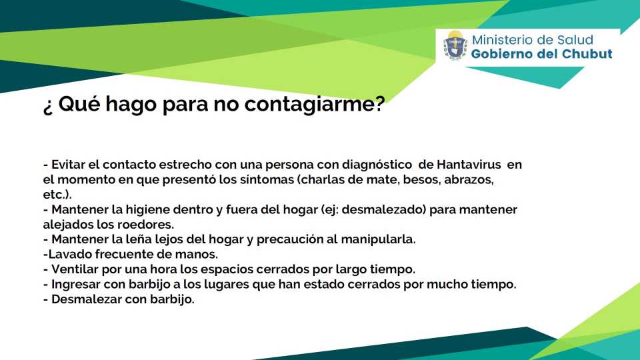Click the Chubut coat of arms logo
(455, 45)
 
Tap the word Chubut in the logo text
(587, 54)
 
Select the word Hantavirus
(469, 165)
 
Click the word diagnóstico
(377, 165)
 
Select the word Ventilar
(75, 269)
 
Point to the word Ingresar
(75, 285)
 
